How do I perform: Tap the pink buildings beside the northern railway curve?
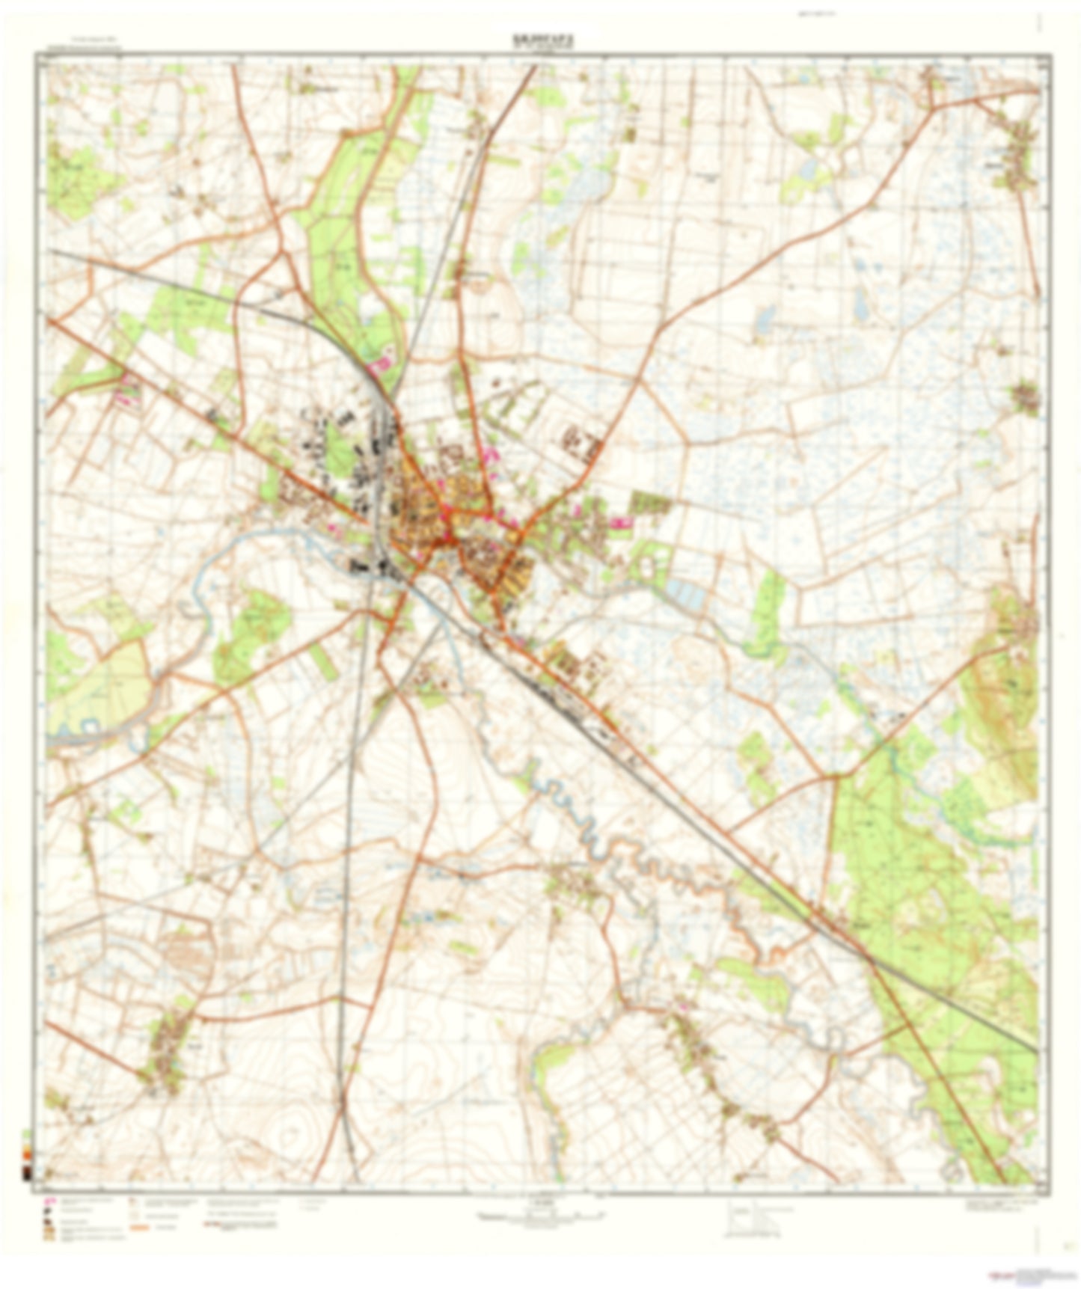(381, 364)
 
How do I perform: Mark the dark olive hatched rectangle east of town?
(649, 503)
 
